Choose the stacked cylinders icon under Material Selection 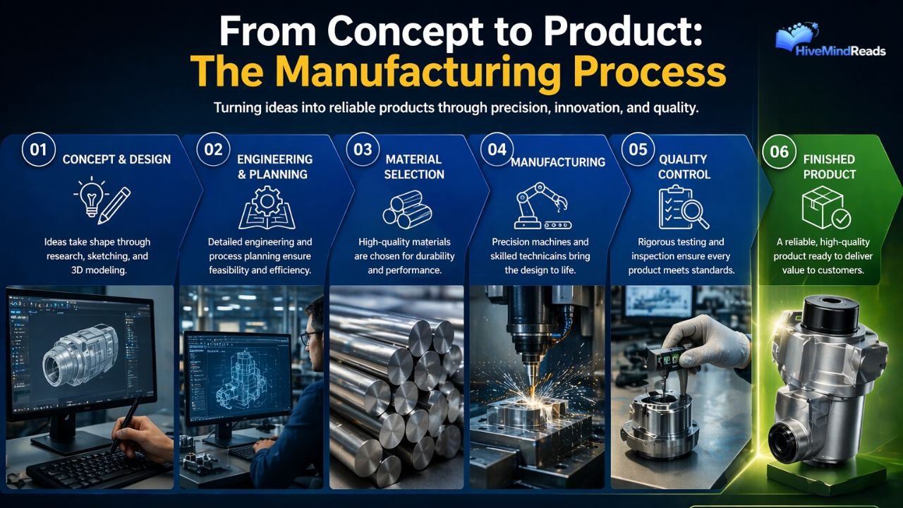[402, 210]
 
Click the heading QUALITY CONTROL [684, 167]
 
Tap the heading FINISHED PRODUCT [829, 167]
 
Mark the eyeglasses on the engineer [309, 337]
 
